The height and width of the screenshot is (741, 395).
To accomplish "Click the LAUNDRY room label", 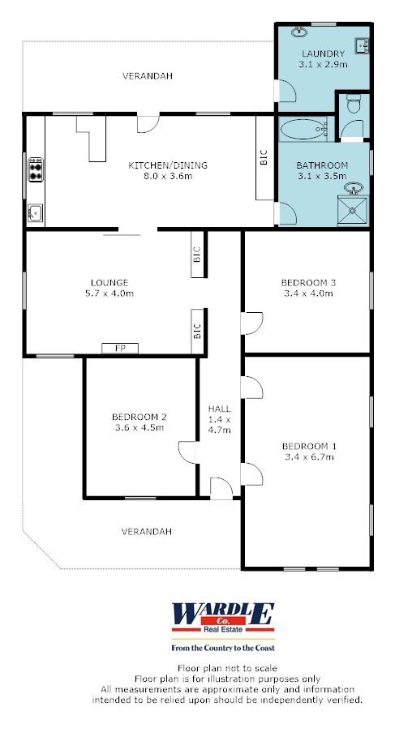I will pyautogui.click(x=322, y=54).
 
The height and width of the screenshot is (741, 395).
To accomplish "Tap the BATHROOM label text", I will pyautogui.click(x=322, y=165).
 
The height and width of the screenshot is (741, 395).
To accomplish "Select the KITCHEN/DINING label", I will pyautogui.click(x=168, y=165).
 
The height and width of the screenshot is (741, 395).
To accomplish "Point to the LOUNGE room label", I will pyautogui.click(x=109, y=282).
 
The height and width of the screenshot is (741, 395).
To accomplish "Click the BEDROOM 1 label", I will pyautogui.click(x=307, y=446).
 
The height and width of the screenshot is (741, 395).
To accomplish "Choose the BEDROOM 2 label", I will pyautogui.click(x=138, y=418).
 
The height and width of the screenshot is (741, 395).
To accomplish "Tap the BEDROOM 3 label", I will pyautogui.click(x=307, y=282).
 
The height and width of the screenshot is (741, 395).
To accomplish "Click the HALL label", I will pyautogui.click(x=219, y=409).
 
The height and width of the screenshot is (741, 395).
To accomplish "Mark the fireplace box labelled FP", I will pyautogui.click(x=119, y=348).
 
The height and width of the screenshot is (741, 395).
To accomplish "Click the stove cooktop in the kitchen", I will pyautogui.click(x=36, y=170).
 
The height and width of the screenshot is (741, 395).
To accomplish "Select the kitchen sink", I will pyautogui.click(x=34, y=213).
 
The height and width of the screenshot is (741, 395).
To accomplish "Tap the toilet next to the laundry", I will pyautogui.click(x=352, y=104).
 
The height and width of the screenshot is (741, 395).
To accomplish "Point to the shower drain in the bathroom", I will pyautogui.click(x=354, y=213).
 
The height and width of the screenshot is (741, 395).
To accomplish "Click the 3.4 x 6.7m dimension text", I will pyautogui.click(x=307, y=457).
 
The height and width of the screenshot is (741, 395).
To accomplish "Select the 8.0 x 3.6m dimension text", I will pyautogui.click(x=168, y=176).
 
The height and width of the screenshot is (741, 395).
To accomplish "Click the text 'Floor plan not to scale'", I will pyautogui.click(x=199, y=667).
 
